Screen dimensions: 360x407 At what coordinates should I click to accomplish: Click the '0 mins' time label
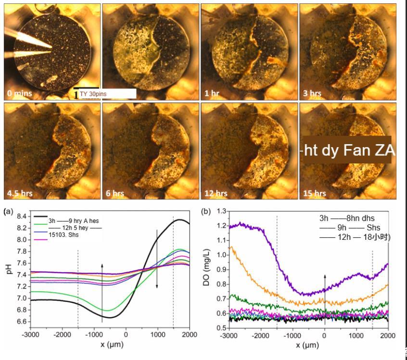click(x=19, y=93)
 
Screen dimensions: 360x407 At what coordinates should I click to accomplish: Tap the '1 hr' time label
click(x=212, y=93)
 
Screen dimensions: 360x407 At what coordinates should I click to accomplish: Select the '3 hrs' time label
click(x=313, y=93)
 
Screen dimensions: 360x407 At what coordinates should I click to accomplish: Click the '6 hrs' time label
click(x=115, y=193)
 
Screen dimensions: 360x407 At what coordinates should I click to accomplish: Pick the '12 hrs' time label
click(x=216, y=193)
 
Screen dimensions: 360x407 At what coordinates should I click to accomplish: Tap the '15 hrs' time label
click(x=315, y=193)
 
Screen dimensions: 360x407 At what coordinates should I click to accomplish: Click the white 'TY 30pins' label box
click(x=107, y=94)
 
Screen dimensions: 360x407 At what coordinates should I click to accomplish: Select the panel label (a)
click(x=9, y=211)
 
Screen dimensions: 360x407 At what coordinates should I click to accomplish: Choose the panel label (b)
click(x=206, y=211)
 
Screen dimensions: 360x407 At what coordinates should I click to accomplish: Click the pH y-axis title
click(x=8, y=269)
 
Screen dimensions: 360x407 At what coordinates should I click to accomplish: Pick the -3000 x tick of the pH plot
click(x=30, y=335)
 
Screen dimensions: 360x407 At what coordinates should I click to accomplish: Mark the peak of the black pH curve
click(x=180, y=220)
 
